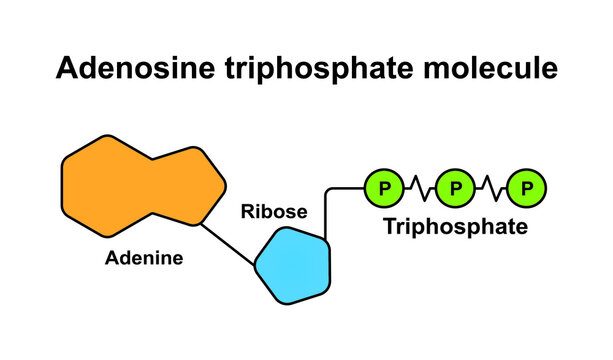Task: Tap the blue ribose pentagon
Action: (x=291, y=264)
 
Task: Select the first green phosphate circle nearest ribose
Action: (x=384, y=187)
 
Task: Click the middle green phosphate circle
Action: (x=456, y=187)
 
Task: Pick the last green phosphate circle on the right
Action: (x=528, y=187)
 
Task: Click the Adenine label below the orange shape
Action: (x=144, y=258)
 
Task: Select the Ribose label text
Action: (x=273, y=213)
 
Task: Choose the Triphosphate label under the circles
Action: (x=456, y=228)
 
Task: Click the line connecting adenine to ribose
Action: (x=228, y=242)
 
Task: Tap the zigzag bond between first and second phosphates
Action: (x=420, y=187)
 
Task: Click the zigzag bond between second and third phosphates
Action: (x=492, y=187)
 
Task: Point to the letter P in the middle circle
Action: (x=456, y=187)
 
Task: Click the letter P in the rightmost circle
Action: (x=528, y=187)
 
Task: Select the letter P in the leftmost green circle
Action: (x=384, y=187)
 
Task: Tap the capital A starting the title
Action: (x=67, y=69)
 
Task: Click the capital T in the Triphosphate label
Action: (x=391, y=227)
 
